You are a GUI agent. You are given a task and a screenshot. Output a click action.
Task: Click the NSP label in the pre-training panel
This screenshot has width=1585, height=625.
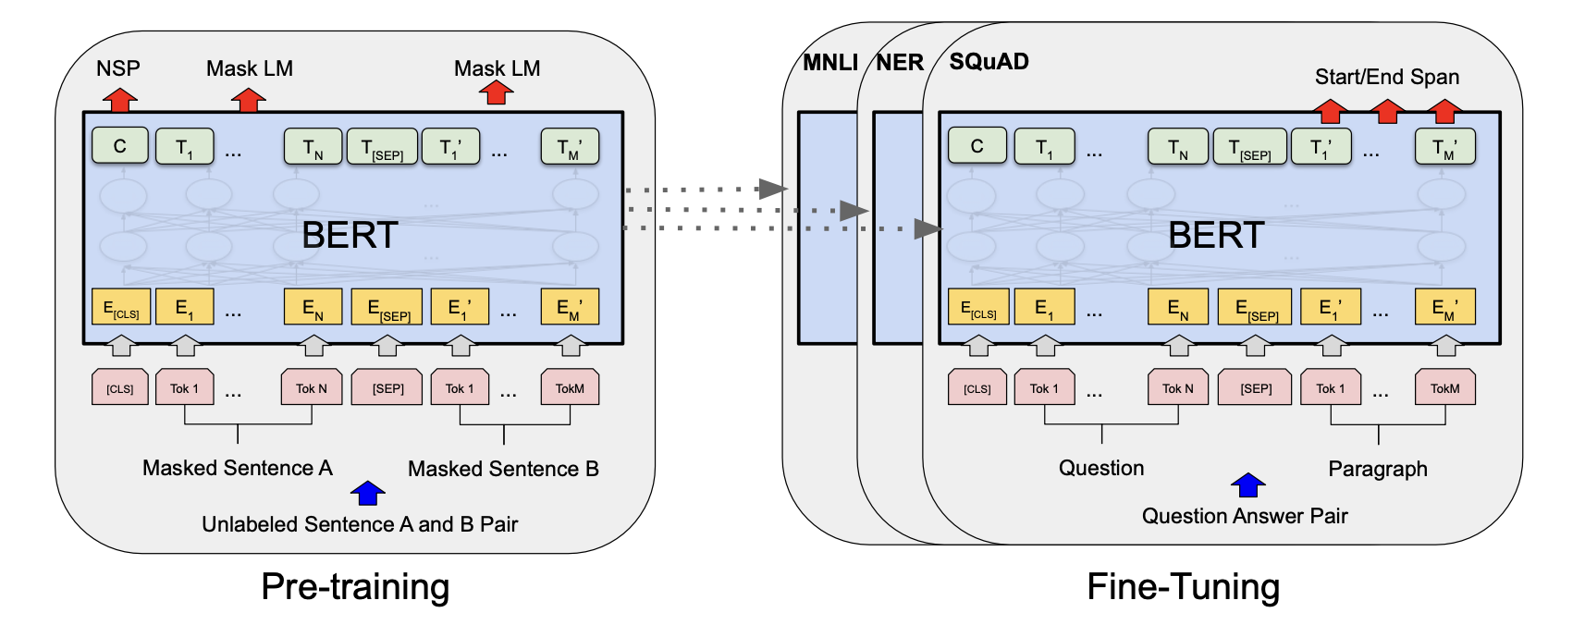[x=117, y=68]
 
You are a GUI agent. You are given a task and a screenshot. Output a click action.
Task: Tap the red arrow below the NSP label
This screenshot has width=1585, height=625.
[x=119, y=99]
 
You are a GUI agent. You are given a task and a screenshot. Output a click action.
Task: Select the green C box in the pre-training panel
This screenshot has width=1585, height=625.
[x=120, y=146]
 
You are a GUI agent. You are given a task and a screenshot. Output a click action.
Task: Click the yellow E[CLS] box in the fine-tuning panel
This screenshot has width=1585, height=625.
[x=978, y=308]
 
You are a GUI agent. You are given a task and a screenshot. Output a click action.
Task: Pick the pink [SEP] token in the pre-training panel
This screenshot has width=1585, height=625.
[x=387, y=388]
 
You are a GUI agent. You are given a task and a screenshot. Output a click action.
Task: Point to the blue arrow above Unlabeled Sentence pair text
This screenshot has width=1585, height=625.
[x=368, y=493]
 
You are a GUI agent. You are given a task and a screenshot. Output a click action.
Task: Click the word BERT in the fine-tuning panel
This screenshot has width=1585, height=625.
[x=1215, y=235]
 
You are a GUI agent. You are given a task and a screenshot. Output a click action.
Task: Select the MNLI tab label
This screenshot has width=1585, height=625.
[x=829, y=63]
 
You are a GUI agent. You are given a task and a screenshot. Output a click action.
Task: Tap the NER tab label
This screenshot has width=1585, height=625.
[x=899, y=63]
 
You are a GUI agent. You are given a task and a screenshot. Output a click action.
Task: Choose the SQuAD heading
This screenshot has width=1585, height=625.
[x=989, y=62]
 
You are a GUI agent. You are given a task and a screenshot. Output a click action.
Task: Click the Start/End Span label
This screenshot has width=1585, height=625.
[x=1386, y=77]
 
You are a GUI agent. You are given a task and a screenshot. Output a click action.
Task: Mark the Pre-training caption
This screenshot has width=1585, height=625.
[x=355, y=586]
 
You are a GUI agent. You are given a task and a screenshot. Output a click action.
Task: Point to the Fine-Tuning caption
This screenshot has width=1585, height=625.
[x=1183, y=586]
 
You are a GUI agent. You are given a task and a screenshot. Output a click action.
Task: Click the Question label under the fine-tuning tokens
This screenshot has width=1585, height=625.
[x=1100, y=468]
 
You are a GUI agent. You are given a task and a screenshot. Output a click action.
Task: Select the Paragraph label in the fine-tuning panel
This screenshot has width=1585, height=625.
[x=1377, y=469]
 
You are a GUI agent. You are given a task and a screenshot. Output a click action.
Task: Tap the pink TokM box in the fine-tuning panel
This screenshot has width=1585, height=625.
[x=1444, y=388]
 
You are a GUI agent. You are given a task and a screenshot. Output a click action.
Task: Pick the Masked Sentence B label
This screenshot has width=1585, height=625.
[x=503, y=469]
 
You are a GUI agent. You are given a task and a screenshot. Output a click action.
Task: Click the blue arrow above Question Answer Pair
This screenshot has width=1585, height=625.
[x=1247, y=484]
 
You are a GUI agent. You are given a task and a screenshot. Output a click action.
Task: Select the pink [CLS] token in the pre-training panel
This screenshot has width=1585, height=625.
[x=120, y=388]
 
